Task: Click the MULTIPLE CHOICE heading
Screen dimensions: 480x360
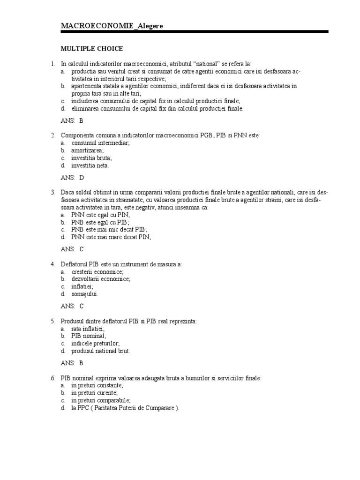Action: [x=91, y=48]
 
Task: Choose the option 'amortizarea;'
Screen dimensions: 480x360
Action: [x=87, y=150]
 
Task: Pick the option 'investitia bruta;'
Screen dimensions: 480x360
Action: [x=91, y=158]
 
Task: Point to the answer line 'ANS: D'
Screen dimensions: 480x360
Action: [x=72, y=178]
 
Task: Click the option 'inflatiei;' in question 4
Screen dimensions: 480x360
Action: [x=82, y=286]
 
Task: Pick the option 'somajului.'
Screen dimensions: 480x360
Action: [x=85, y=294]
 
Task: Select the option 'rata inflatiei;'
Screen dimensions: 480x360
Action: [x=88, y=329]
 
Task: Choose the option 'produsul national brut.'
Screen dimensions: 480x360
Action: [x=100, y=351]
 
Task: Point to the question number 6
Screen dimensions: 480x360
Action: [x=53, y=378]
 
